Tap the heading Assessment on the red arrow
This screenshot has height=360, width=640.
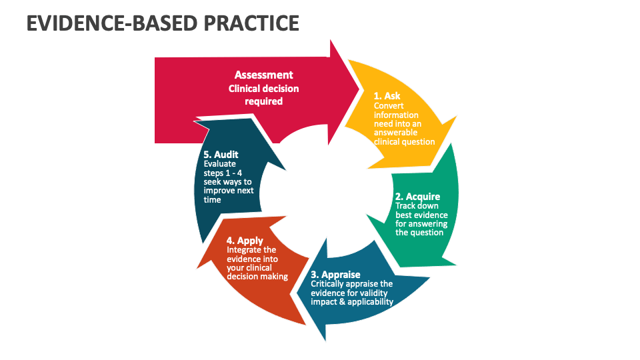coord(263,75)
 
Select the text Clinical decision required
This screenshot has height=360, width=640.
coord(263,95)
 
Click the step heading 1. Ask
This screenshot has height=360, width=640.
coord(387,96)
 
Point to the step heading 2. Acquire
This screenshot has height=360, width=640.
coord(417,197)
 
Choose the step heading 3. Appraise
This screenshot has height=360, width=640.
coord(335,275)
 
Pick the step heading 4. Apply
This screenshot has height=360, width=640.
coord(245,240)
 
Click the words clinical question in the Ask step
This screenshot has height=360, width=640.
coord(404,141)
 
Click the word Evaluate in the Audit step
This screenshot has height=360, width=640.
coord(219,164)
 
